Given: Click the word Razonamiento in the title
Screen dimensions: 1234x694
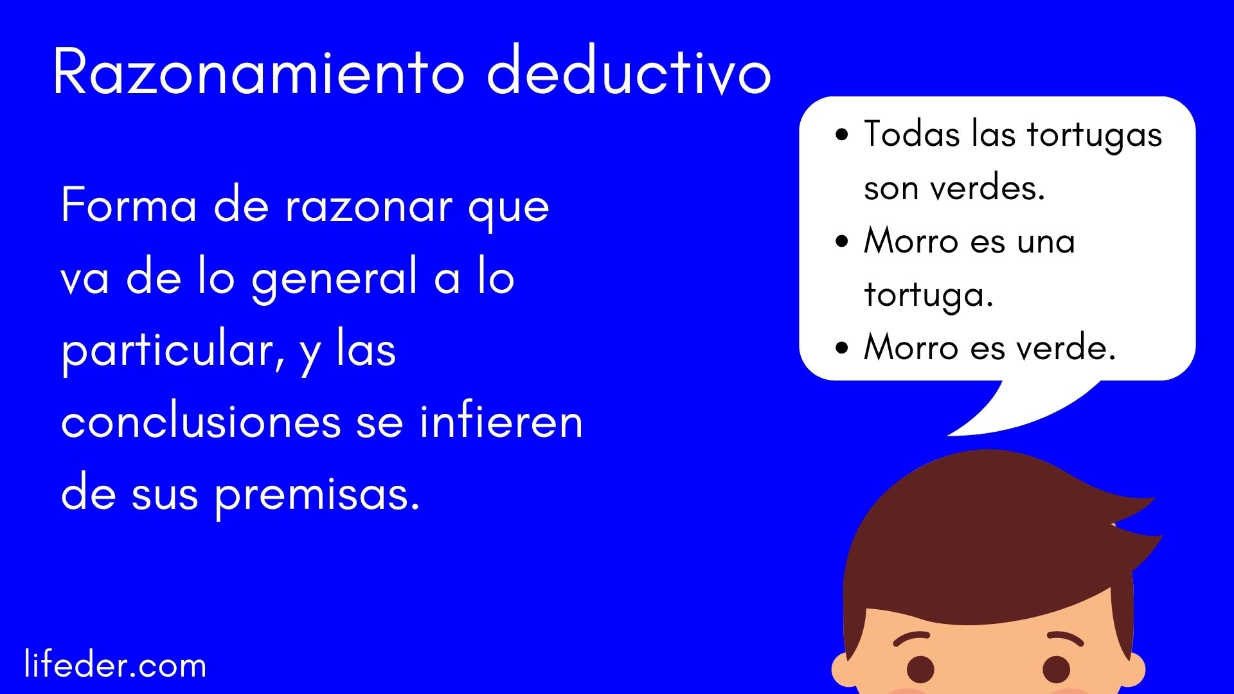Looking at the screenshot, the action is pos(259,72).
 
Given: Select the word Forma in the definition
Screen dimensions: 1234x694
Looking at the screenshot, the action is pos(129,206).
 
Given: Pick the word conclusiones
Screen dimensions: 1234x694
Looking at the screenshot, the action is pos(201,422).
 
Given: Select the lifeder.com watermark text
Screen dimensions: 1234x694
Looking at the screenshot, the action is pos(115,664).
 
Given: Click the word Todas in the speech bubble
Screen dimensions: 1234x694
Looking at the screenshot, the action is pos(911,134).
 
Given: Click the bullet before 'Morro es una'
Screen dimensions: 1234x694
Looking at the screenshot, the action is pos(842,242).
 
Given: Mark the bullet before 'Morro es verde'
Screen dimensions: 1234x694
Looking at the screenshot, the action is pos(842,348).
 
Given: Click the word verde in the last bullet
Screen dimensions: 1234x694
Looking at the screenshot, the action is pos(1066,348).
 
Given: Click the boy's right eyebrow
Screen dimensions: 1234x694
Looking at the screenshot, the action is pos(1066,639).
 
